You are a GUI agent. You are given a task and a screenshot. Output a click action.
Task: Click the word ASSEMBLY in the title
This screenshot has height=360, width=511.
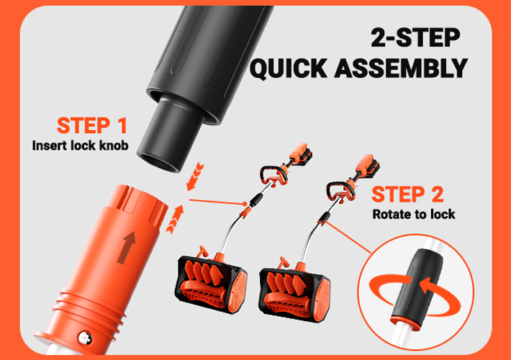point(401,68)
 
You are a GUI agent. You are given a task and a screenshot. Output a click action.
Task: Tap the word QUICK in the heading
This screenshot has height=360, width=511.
point(289,68)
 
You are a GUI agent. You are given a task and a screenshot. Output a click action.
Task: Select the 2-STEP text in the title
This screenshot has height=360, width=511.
point(415,37)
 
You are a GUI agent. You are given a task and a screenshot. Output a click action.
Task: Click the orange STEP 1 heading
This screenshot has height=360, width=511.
point(92,125)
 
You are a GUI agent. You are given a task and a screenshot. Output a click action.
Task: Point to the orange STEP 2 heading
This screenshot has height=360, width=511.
point(407,194)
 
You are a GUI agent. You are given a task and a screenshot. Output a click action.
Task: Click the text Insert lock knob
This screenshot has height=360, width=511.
point(80,145)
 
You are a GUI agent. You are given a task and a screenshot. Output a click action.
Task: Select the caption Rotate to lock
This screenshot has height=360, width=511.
point(414,215)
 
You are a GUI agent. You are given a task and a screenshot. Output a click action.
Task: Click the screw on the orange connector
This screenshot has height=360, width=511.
point(85,338)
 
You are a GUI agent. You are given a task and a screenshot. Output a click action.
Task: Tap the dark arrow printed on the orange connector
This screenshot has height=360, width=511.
point(127,248)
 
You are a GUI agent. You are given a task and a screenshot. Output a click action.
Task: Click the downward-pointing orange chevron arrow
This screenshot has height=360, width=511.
point(194,177)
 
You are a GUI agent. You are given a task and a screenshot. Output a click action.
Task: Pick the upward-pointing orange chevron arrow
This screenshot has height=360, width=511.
point(175,219)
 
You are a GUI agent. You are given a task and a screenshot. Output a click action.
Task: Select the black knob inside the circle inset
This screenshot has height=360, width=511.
point(417,284)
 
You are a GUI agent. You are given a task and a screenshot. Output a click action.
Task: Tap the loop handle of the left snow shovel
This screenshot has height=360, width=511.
point(273,176)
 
